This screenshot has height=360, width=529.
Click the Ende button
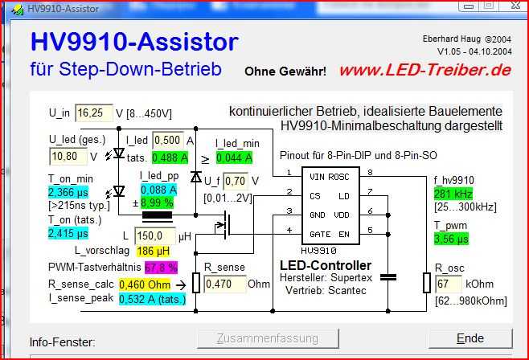(x=469, y=338)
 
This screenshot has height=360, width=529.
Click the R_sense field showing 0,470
(x=221, y=284)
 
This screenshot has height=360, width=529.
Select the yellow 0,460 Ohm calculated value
(x=145, y=284)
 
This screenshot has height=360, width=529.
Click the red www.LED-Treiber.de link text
(x=424, y=70)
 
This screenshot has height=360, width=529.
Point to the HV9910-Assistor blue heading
(x=134, y=42)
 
